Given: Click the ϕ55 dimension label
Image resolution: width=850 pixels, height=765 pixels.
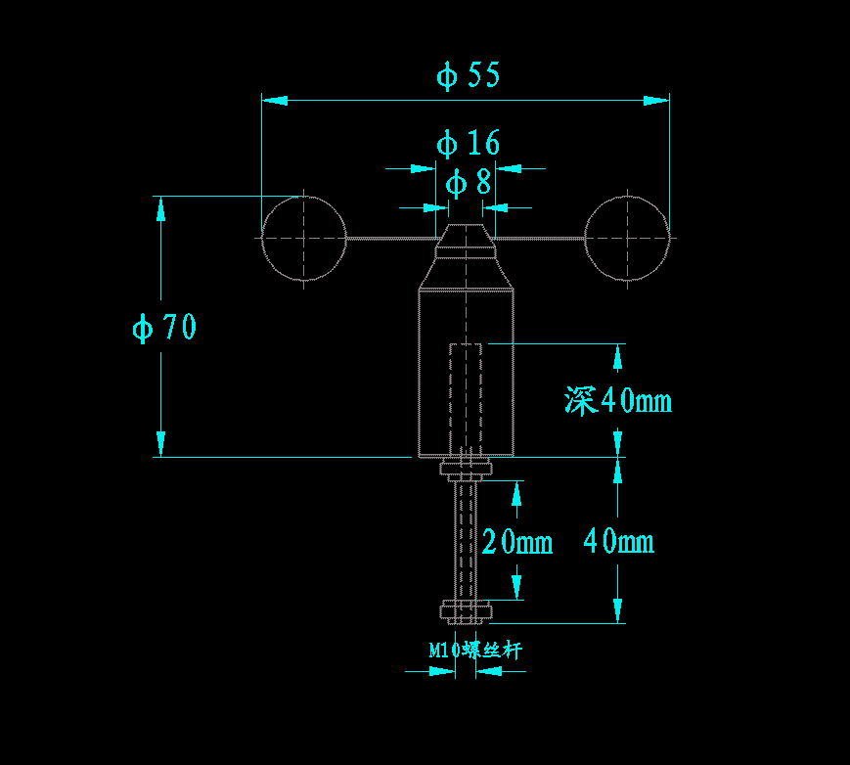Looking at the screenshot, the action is click(469, 75).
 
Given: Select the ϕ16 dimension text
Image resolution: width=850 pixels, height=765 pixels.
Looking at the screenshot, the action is click(469, 143).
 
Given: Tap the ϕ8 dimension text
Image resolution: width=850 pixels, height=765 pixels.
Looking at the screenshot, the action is click(469, 183).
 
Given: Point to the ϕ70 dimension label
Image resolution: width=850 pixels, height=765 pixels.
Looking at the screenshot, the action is click(164, 327).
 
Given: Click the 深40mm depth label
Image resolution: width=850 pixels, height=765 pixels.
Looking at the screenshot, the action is click(618, 401).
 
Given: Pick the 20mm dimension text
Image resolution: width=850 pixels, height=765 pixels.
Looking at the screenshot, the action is click(517, 541).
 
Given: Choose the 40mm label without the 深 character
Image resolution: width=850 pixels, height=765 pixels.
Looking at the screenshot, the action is click(618, 541).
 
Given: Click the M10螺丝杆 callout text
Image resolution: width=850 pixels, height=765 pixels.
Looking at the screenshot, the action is click(475, 650).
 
